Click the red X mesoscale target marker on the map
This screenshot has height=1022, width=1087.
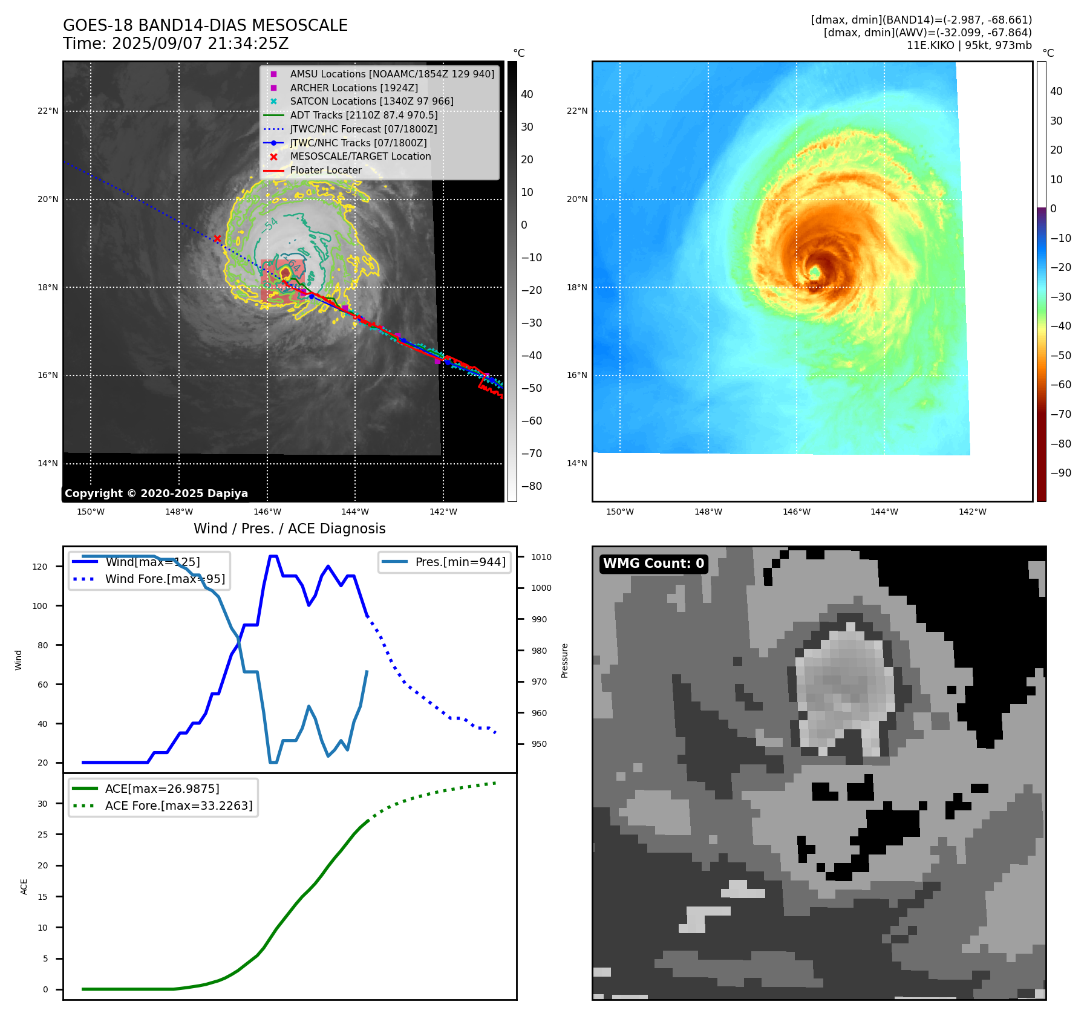(x=217, y=239)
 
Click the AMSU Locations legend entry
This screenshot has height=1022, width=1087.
(x=391, y=74)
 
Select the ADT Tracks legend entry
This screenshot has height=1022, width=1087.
(x=364, y=115)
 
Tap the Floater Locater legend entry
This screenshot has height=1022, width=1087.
(x=325, y=170)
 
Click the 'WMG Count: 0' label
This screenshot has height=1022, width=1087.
(x=653, y=564)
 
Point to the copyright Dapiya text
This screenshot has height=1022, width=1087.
(x=156, y=493)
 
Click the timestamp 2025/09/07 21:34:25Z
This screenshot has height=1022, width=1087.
(x=200, y=44)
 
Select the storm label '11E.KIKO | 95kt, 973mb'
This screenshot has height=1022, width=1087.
(x=969, y=45)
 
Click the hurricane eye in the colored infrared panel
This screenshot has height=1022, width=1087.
(x=815, y=273)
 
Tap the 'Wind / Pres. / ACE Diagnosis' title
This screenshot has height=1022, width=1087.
(x=289, y=529)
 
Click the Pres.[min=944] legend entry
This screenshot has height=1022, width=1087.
(x=460, y=562)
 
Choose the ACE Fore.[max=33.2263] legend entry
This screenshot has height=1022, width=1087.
(x=178, y=806)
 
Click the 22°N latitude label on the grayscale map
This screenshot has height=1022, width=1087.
(x=48, y=111)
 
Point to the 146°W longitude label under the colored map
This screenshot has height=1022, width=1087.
(x=796, y=512)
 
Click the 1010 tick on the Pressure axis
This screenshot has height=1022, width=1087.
(x=541, y=557)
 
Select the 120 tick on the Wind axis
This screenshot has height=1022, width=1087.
(x=40, y=567)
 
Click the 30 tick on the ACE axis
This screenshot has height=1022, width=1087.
(x=42, y=804)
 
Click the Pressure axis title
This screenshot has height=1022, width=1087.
(x=564, y=660)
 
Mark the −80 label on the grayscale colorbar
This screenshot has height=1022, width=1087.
(x=531, y=486)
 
